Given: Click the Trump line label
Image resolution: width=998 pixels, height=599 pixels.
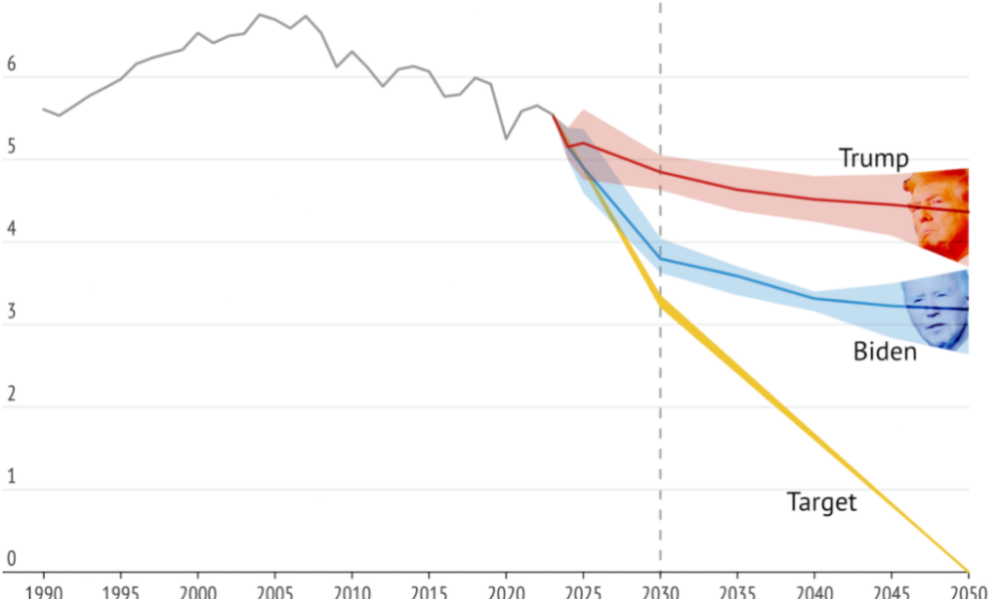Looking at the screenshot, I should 873,158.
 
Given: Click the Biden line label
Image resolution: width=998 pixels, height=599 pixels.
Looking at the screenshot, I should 884,350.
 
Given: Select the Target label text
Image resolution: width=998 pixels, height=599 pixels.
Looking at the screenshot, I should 821,501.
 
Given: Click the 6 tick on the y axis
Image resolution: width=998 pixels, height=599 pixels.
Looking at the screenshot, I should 12,63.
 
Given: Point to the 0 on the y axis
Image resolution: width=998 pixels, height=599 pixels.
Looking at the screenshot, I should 12,560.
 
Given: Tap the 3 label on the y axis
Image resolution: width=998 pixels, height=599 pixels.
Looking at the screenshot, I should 12,311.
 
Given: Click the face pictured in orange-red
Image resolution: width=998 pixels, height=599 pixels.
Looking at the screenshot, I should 938,213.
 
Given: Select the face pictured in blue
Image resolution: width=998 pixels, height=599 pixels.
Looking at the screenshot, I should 936,311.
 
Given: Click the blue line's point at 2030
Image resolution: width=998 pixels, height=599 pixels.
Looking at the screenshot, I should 660,260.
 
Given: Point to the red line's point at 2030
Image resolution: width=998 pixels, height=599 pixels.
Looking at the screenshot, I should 660,172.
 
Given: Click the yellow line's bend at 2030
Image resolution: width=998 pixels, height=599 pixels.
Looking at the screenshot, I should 660,299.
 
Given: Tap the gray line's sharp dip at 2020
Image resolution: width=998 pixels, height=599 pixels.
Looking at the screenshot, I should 506,138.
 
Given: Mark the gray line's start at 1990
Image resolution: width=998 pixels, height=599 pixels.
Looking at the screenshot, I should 44,109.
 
